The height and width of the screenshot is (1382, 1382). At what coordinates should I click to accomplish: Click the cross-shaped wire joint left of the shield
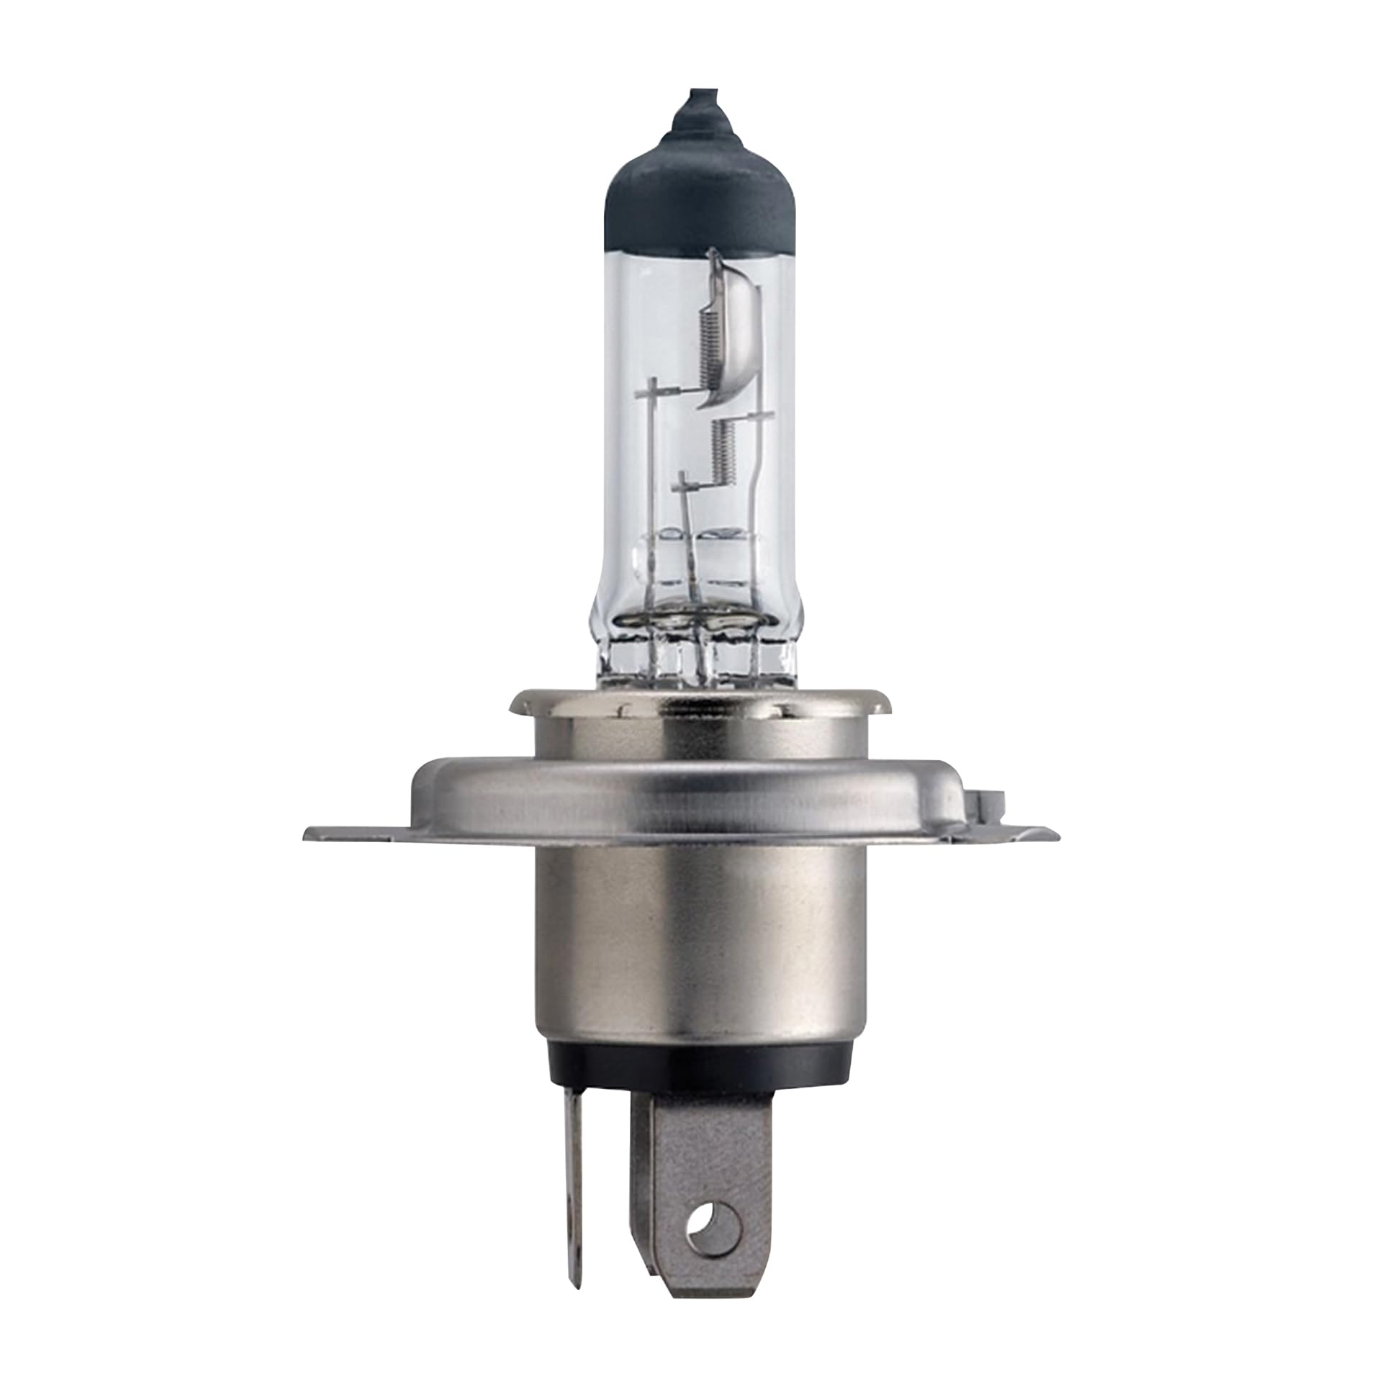pos(654,392)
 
